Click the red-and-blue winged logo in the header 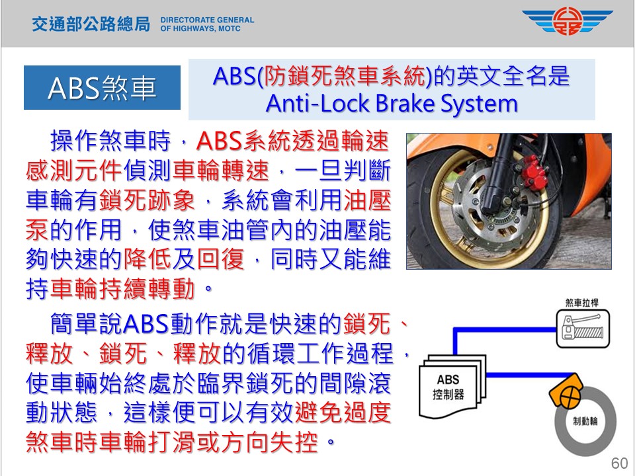coord(568,21)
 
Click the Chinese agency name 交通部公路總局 coord(91,24)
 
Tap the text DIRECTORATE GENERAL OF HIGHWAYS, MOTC coord(207,24)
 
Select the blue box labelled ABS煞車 coord(102,87)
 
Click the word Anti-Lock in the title coord(317,103)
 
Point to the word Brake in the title coord(405,103)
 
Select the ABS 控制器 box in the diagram coord(452,387)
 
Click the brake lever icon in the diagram coord(583,329)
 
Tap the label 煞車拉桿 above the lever coord(581,303)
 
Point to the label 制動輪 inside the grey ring coord(585,421)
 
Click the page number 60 coord(619,463)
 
